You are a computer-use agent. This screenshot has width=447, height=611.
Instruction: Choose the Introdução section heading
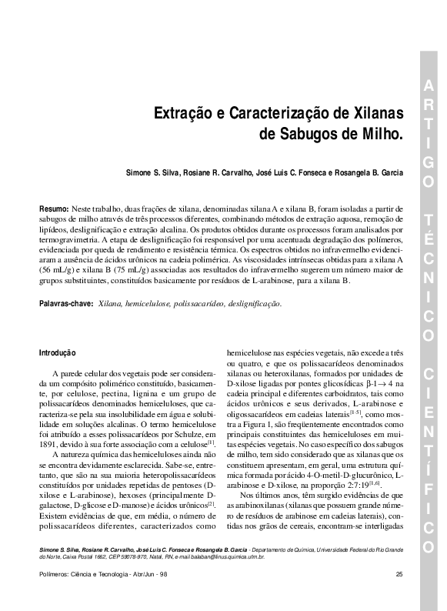tap(58, 352)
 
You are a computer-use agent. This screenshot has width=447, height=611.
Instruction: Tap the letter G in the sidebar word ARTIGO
tap(428, 162)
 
